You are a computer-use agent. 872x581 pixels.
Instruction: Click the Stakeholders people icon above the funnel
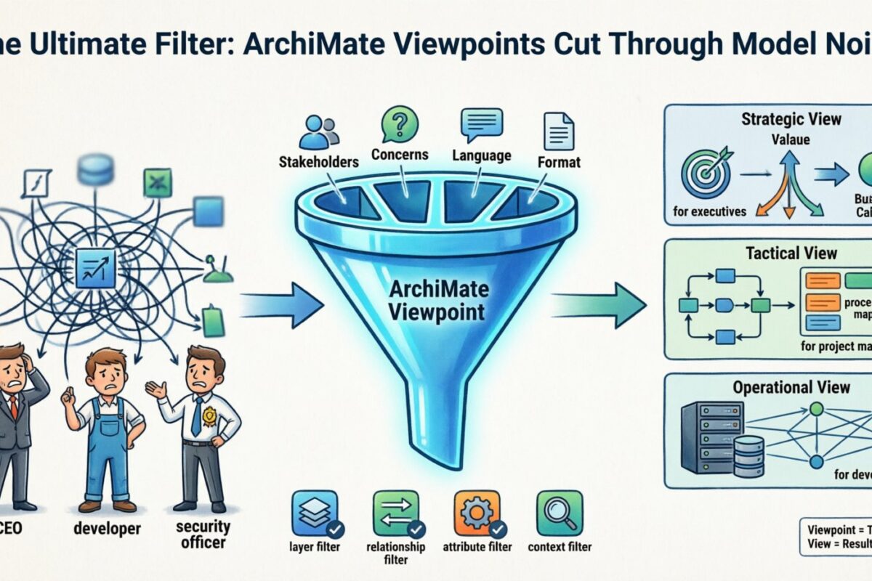[318, 132]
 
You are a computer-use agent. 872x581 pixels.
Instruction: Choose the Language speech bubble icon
[481, 124]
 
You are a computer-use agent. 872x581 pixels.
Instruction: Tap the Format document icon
[558, 129]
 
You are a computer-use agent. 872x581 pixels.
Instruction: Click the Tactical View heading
[791, 253]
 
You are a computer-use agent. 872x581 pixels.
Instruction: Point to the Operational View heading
[791, 387]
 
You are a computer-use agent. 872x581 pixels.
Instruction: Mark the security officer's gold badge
[209, 415]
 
